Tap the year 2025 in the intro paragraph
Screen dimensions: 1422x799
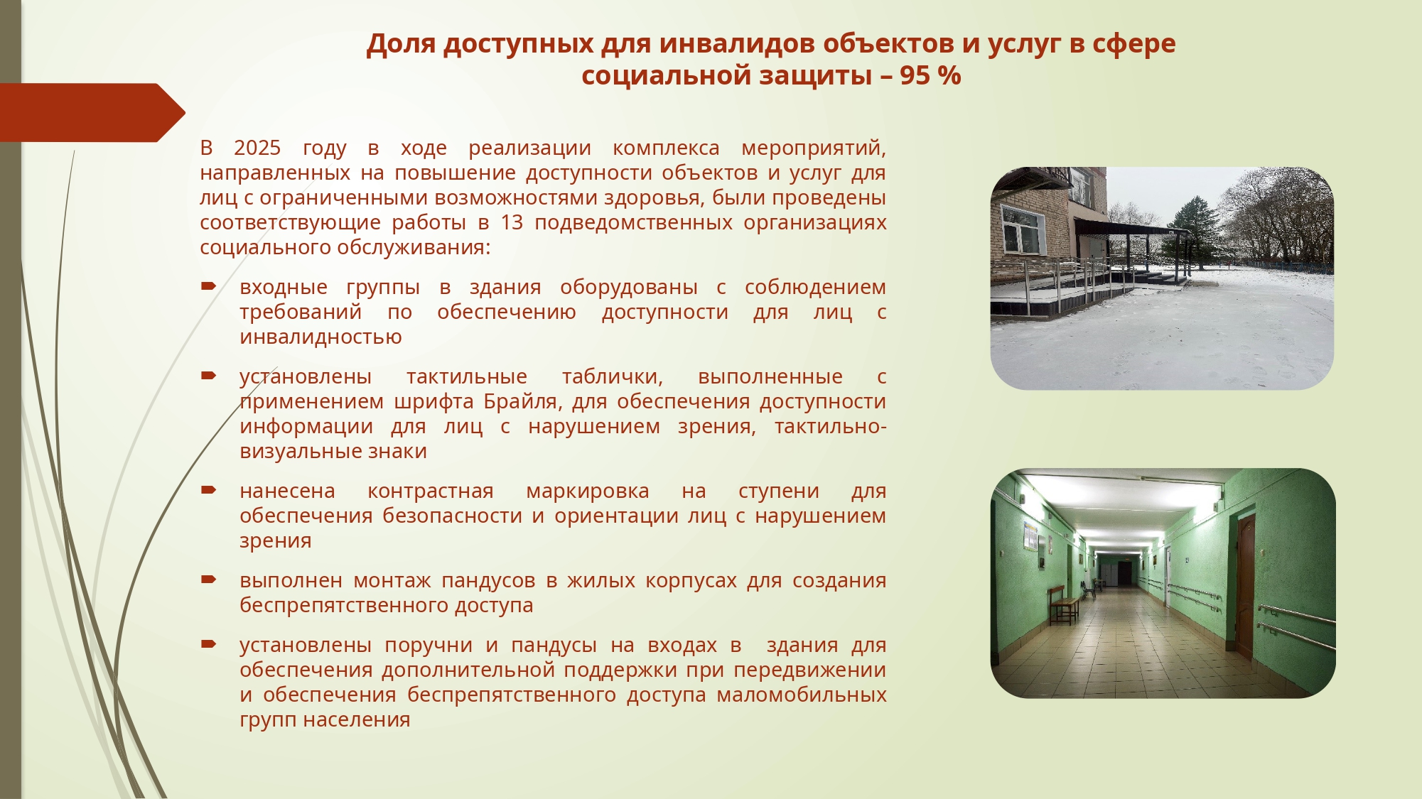click(257, 148)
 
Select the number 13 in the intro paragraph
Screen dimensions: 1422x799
click(512, 222)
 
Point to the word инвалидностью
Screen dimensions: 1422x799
click(321, 337)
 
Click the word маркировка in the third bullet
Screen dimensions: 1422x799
click(588, 491)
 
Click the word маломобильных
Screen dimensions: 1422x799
click(802, 695)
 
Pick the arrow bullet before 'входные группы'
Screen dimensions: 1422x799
click(208, 287)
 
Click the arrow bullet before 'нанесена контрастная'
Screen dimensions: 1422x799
click(208, 490)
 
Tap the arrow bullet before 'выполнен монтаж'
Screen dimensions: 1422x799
click(208, 580)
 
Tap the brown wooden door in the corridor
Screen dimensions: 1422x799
click(1244, 587)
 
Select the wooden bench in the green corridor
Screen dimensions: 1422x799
click(1064, 606)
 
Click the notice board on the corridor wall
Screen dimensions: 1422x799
click(1030, 536)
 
